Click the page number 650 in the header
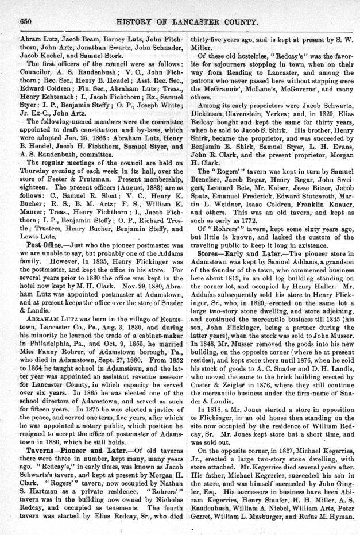coord(25,21)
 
